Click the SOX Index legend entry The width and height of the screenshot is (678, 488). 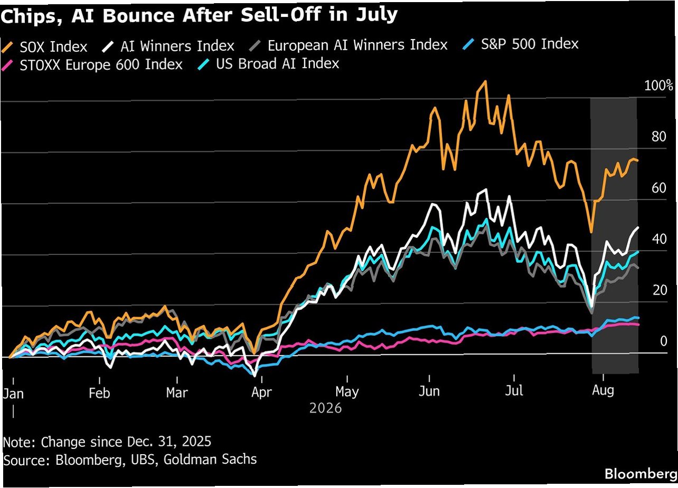pos(44,47)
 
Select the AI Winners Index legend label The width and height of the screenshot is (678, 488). pos(177,46)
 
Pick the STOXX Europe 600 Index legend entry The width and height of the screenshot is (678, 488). pos(92,65)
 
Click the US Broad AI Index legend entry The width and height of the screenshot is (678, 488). pos(268,63)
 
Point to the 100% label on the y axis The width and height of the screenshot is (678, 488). pos(658,86)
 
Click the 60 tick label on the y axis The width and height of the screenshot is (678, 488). pos(659,188)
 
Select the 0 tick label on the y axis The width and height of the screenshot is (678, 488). pos(663,342)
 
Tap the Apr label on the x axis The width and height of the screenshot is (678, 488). pos(261,392)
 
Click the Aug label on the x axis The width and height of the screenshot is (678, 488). pos(603,390)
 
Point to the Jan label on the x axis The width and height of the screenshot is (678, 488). pos(13,393)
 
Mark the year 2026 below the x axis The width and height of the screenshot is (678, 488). pos(326,408)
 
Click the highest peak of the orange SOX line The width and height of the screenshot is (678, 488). pos(486,81)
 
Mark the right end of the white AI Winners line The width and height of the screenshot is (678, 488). pos(638,228)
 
